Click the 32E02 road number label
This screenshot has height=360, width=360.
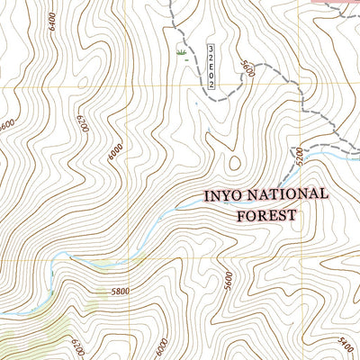pos(211,66)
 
